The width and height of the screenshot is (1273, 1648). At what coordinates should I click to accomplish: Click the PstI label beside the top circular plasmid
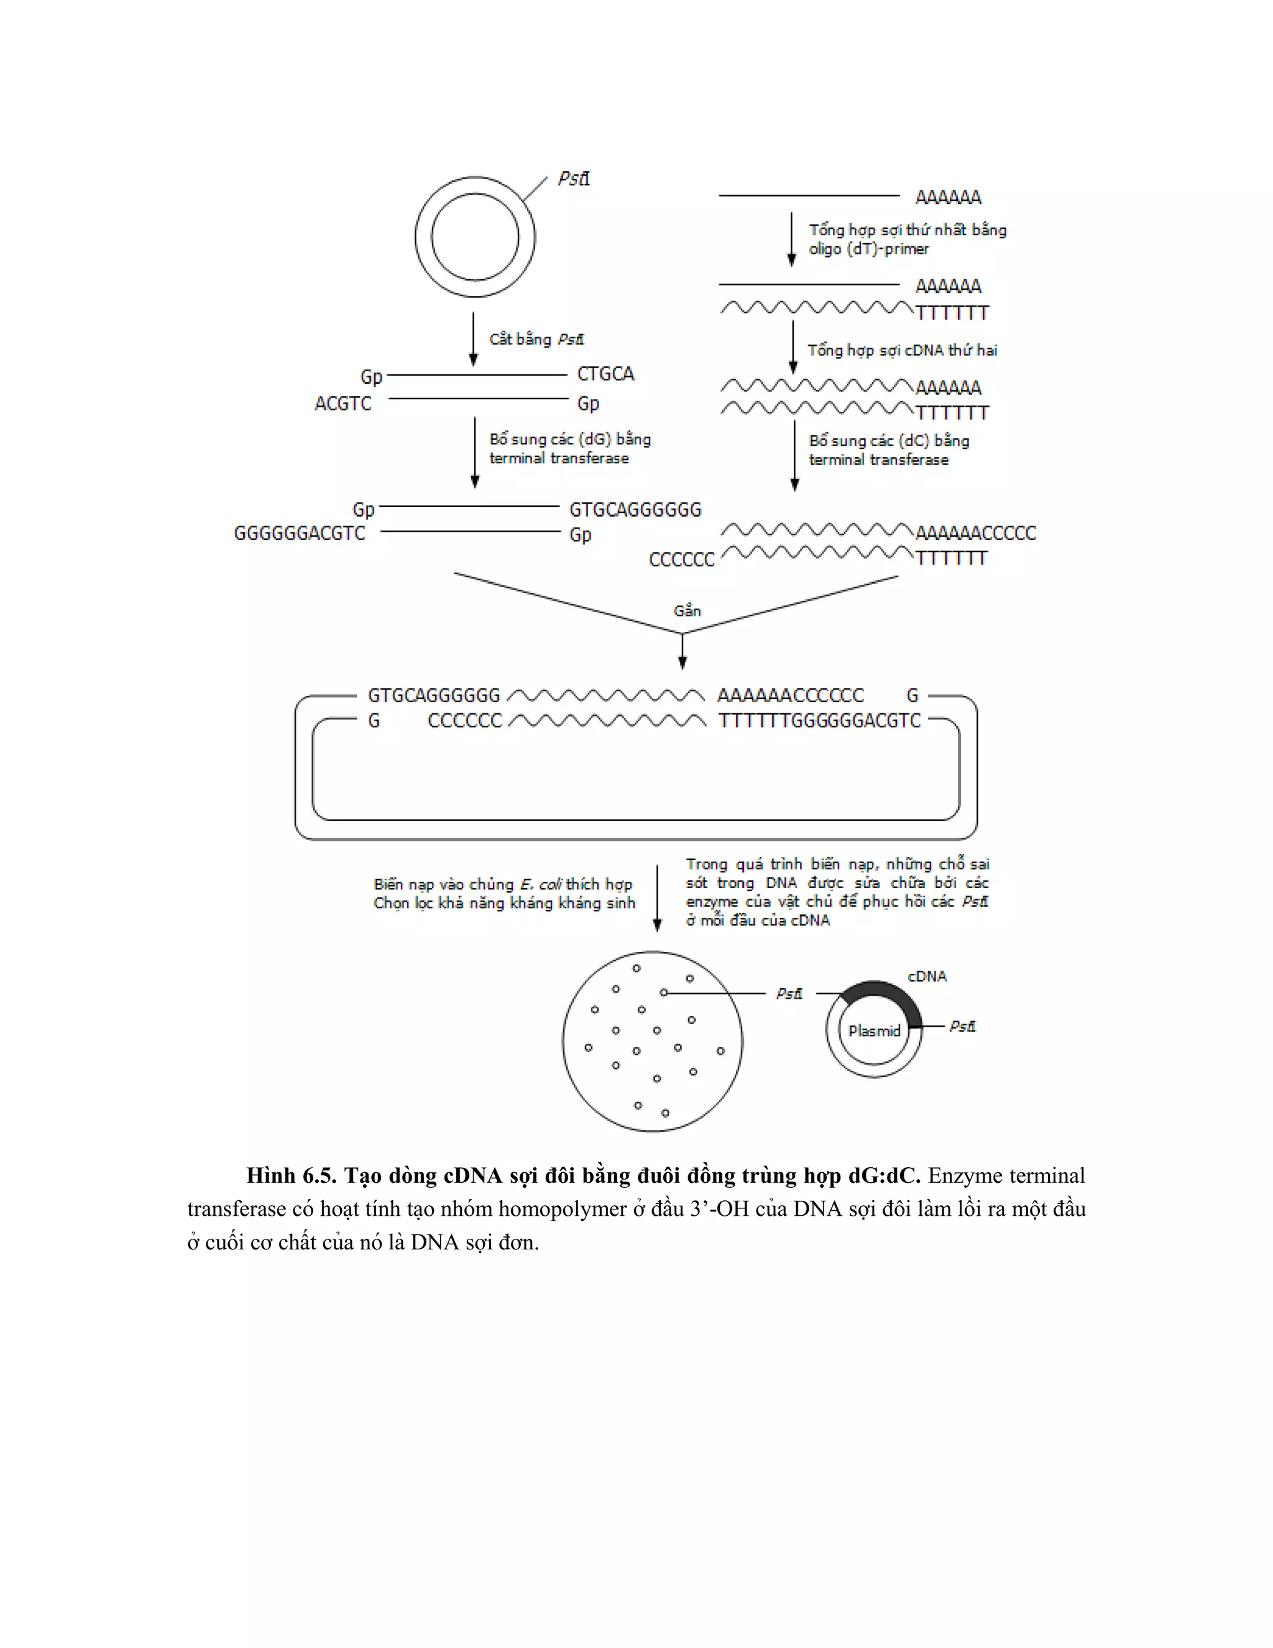[x=574, y=179]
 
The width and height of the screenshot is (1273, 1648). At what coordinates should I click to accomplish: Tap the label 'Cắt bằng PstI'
[x=536, y=340]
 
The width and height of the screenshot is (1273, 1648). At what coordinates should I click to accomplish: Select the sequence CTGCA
[x=605, y=374]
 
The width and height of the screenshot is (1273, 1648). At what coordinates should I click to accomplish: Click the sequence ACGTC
[x=343, y=404]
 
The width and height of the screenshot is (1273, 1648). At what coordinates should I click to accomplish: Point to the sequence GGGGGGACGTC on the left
[x=300, y=534]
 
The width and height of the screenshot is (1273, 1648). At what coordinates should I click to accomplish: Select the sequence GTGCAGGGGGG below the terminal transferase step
[x=635, y=509]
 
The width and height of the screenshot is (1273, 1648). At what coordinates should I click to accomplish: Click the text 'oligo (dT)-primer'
[x=869, y=249]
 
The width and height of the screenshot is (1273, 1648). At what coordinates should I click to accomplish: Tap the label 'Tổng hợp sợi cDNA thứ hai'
[x=902, y=350]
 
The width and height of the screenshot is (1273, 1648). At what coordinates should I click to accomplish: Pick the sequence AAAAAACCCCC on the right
[x=975, y=533]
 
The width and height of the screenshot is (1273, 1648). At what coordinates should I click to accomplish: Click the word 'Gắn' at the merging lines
[x=687, y=611]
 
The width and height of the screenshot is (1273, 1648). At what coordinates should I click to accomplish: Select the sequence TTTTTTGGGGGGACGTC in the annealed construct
[x=820, y=721]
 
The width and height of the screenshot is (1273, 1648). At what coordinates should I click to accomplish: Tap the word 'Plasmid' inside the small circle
[x=874, y=1030]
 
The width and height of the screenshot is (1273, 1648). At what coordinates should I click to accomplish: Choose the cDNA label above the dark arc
[x=927, y=976]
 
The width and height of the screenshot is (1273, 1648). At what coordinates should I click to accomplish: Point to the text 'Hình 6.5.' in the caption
[x=291, y=1175]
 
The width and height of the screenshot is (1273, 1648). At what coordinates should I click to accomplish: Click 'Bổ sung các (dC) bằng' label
[x=889, y=441]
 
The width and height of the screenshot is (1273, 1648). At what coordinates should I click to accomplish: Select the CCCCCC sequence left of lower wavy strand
[x=682, y=560]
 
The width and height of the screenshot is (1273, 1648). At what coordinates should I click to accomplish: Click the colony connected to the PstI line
[x=664, y=993]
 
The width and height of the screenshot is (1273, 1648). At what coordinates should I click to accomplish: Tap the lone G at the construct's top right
[x=912, y=695]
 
